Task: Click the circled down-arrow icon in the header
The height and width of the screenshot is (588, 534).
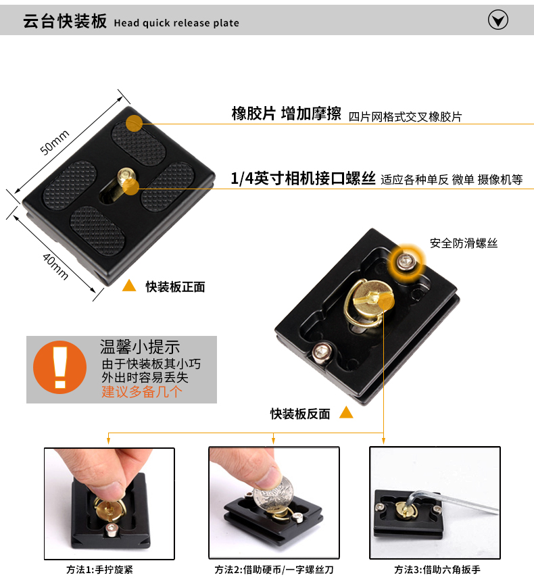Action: [498, 20]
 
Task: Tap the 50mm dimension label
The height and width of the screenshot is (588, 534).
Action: [55, 142]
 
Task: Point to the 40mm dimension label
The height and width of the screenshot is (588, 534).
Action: [55, 266]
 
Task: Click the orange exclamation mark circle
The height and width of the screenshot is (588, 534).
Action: [59, 367]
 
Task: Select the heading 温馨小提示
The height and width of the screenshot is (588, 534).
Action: [140, 347]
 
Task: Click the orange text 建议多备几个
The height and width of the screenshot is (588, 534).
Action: [142, 392]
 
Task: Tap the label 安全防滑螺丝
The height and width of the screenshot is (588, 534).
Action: [464, 243]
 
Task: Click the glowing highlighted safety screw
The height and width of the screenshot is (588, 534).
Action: [406, 261]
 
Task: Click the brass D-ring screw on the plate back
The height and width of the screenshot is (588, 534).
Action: [368, 303]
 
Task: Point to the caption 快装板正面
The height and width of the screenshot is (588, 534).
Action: [175, 287]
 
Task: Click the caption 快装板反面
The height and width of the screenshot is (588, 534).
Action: [300, 414]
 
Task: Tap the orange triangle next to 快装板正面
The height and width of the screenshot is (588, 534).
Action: [129, 286]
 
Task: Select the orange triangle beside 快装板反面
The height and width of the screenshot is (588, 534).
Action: [346, 412]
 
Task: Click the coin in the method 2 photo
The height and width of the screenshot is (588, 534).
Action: [273, 494]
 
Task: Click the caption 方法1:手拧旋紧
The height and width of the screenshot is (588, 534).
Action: [99, 570]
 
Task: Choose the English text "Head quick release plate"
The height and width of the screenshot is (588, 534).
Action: [176, 23]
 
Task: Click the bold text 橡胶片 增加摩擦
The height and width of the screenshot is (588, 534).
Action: [286, 114]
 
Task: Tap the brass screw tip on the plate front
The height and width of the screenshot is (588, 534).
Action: [126, 176]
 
